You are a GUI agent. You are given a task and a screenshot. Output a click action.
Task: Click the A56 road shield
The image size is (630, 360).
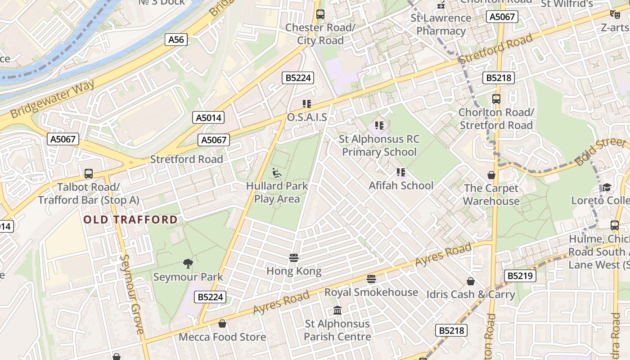[x=176, y=40]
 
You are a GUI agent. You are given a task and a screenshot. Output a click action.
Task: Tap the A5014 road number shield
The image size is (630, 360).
[x=209, y=118]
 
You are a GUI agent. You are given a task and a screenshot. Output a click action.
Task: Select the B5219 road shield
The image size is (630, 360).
[x=520, y=275]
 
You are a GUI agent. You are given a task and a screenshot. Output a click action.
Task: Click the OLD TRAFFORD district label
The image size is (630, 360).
[x=130, y=220]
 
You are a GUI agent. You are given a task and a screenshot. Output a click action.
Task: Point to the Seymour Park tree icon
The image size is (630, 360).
[x=188, y=264]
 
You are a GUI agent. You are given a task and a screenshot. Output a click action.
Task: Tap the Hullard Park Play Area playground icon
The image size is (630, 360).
[x=277, y=173]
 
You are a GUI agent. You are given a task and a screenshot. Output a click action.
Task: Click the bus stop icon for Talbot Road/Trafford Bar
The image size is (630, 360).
[x=89, y=174]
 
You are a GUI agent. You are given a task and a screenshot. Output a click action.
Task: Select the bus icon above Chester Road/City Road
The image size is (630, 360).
[x=320, y=14]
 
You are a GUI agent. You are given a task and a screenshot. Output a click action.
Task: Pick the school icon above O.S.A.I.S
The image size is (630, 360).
[x=307, y=104]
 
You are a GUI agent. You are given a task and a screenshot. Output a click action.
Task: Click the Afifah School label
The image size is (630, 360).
[x=401, y=185]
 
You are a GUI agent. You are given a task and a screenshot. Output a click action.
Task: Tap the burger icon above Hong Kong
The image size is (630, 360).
[x=294, y=258]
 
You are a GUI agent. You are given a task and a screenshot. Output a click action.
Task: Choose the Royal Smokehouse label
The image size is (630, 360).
[x=371, y=292]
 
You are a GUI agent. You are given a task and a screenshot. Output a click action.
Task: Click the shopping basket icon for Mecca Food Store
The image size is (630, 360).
[x=222, y=324]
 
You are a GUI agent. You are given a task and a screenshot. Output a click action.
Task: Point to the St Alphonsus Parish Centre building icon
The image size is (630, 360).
[x=337, y=310]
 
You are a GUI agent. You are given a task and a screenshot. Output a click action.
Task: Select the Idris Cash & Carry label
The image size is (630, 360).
[x=471, y=295]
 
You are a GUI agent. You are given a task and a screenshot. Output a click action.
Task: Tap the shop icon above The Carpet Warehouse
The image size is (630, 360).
[x=491, y=175]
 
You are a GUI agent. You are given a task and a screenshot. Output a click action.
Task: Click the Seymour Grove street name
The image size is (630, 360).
[x=132, y=294]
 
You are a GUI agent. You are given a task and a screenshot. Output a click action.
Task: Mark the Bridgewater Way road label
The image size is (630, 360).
[x=53, y=99]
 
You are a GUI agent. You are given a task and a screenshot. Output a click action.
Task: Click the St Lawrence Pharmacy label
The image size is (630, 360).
[x=441, y=24]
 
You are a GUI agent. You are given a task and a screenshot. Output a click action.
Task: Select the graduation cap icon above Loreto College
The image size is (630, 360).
[x=606, y=187]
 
